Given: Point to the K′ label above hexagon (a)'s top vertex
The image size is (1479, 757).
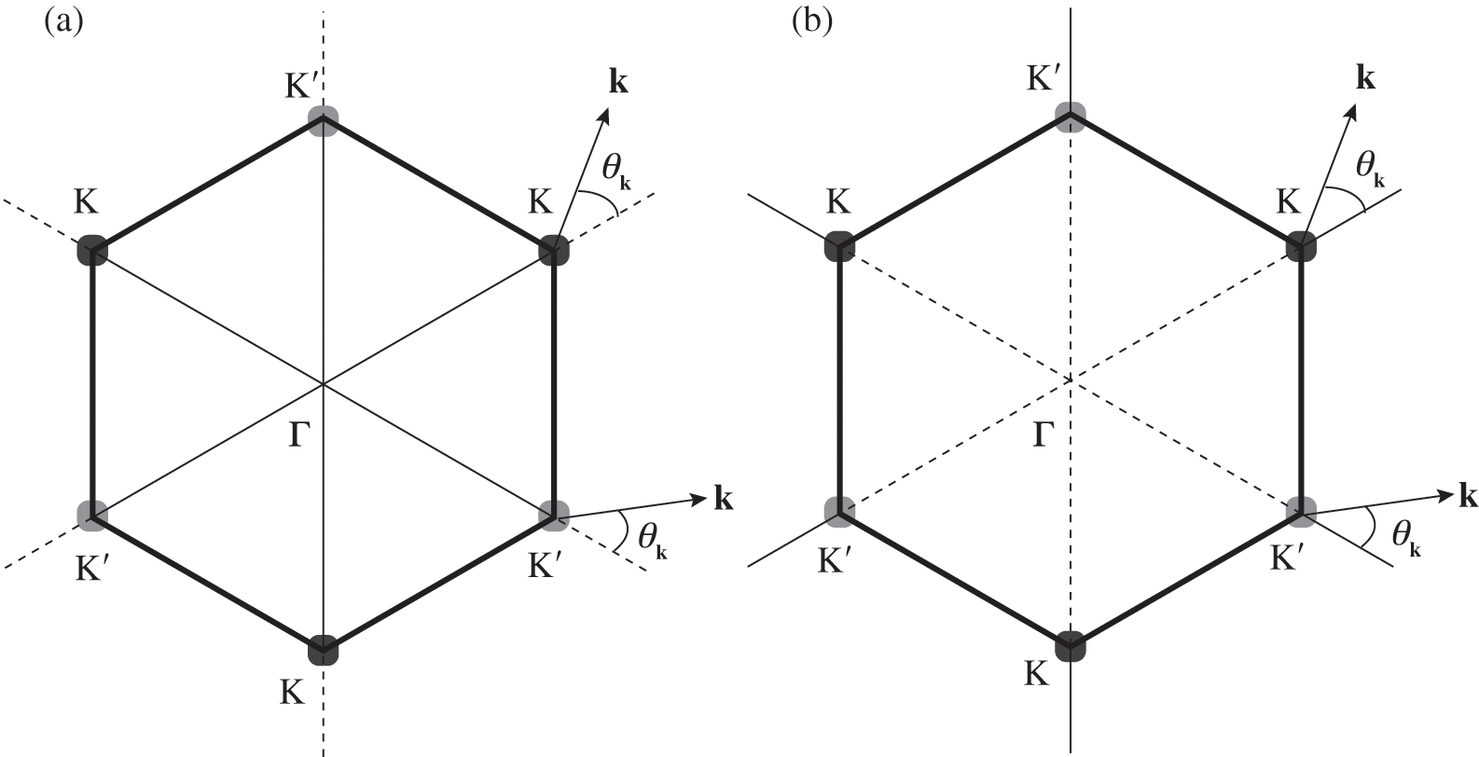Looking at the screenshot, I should (x=306, y=82).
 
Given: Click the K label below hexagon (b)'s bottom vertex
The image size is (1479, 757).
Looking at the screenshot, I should (x=1036, y=673).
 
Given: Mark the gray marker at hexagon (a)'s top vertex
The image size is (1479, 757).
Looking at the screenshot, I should (x=323, y=121).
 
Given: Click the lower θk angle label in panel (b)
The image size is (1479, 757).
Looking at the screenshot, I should (x=1406, y=535).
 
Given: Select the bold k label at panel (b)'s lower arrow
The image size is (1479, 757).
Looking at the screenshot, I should (x=1468, y=497).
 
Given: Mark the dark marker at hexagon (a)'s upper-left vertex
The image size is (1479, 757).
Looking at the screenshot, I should (x=93, y=250).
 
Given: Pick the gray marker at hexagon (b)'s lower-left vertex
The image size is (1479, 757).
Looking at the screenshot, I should (x=840, y=511).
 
